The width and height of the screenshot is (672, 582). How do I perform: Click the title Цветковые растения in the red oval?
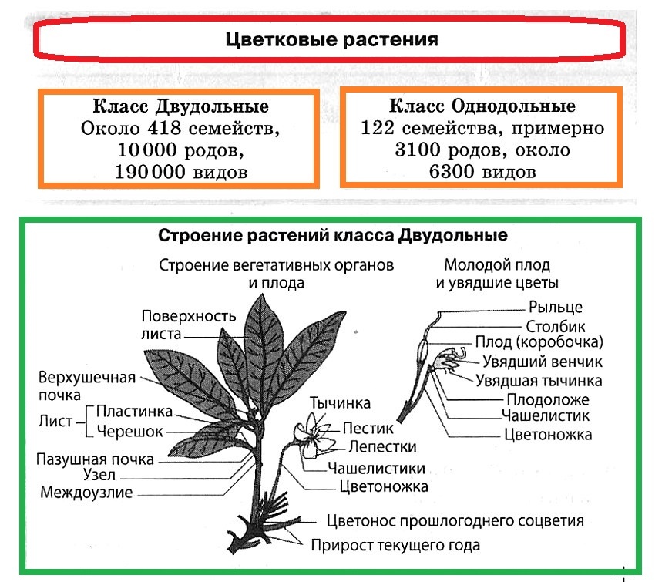click(331, 39)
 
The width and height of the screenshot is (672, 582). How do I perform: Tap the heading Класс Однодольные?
click(482, 106)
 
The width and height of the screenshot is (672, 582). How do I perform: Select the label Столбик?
click(555, 326)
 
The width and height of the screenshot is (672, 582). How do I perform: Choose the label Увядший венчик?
click(543, 362)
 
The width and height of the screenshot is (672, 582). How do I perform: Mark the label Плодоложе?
click(547, 399)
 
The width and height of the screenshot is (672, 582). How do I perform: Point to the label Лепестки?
click(382, 447)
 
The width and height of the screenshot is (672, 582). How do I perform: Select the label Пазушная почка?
click(95, 459)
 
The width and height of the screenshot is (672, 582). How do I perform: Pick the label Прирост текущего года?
click(395, 546)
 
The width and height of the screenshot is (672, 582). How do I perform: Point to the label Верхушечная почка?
click(86, 385)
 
